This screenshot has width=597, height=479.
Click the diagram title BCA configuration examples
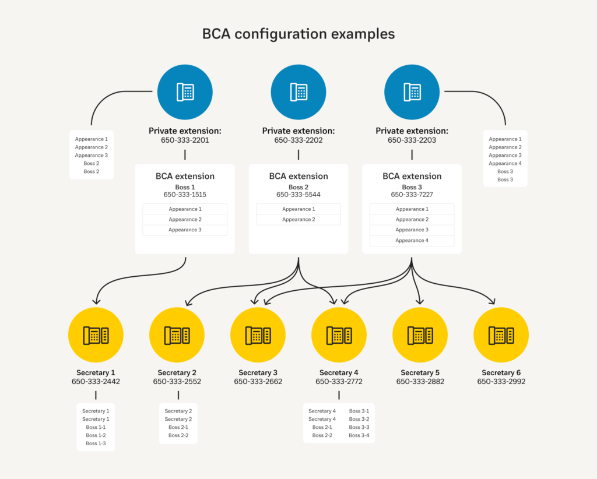point(298,34)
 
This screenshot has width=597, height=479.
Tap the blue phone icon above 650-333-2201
point(185,92)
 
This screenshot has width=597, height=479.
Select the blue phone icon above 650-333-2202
point(298,92)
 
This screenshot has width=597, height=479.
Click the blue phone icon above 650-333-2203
point(412,92)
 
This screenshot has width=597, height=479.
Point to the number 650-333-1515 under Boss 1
point(185,195)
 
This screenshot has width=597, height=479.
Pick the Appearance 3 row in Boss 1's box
point(185,230)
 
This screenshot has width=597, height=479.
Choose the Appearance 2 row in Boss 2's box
point(298,220)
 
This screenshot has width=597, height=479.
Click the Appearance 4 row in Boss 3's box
point(412,241)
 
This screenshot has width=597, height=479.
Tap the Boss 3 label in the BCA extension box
point(412,187)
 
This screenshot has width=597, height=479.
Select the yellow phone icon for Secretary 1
point(96,335)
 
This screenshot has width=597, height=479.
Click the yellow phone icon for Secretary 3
point(258,335)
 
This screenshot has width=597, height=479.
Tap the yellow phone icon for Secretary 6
point(501,335)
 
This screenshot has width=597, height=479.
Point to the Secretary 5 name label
point(420,373)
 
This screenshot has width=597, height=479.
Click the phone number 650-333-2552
point(177,382)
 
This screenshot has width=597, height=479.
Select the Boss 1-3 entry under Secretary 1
point(96,443)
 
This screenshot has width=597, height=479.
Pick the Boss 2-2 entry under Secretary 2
point(178,435)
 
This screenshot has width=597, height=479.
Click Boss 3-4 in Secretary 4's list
point(359,435)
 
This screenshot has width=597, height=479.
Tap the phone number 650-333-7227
point(412,195)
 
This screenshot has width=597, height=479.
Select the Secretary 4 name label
point(339,373)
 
